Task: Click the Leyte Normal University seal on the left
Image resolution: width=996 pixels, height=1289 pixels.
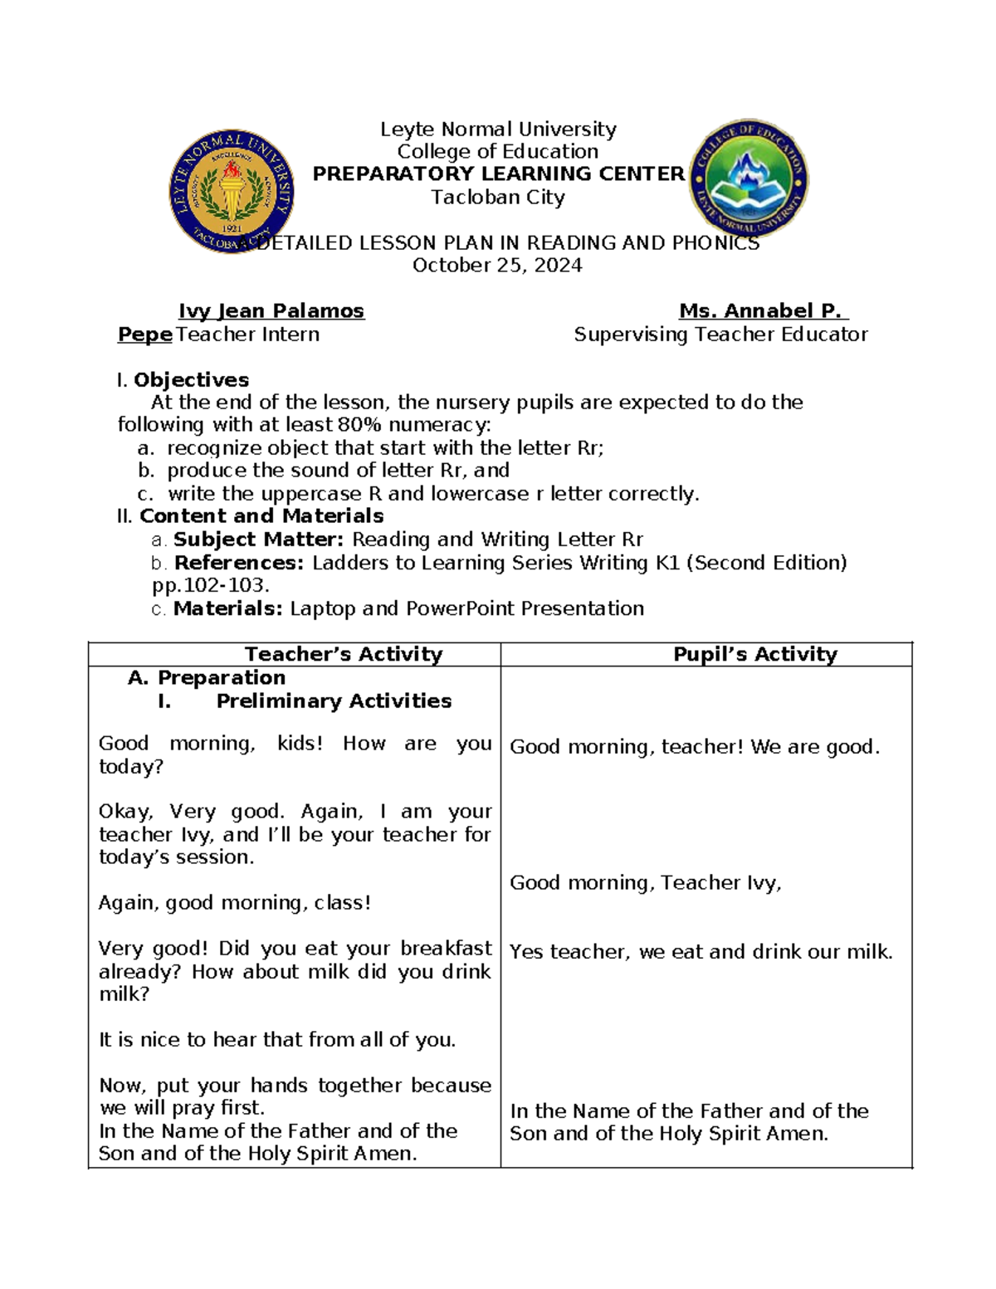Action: [x=232, y=192]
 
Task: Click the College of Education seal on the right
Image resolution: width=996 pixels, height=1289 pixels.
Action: [x=749, y=179]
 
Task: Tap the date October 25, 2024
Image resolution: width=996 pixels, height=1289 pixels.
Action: [x=497, y=266]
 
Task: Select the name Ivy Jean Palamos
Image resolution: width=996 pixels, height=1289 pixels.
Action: [x=271, y=311]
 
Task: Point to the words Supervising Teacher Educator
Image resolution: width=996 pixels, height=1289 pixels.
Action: [x=720, y=334]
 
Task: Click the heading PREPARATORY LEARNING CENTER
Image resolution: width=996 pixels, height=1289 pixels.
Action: [x=498, y=173]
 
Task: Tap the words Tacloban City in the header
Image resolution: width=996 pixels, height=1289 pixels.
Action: [x=498, y=198]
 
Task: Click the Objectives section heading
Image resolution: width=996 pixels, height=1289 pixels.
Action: [x=191, y=380]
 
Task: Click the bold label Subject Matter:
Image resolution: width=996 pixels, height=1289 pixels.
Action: [x=258, y=540]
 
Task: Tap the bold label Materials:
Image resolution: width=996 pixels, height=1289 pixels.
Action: [x=228, y=608]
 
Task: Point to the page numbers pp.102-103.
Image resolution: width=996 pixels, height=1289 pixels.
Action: [x=211, y=585]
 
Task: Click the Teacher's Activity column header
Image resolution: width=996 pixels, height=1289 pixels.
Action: [x=344, y=654]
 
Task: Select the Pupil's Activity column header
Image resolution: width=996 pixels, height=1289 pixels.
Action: [x=754, y=654]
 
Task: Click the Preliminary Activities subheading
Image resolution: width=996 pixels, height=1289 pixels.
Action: [x=334, y=701]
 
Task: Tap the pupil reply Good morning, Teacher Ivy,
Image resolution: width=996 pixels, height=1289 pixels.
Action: [x=645, y=883]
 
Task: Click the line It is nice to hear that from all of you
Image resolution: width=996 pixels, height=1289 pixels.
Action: [x=277, y=1040]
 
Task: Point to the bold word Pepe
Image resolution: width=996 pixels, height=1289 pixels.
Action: [x=144, y=334]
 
